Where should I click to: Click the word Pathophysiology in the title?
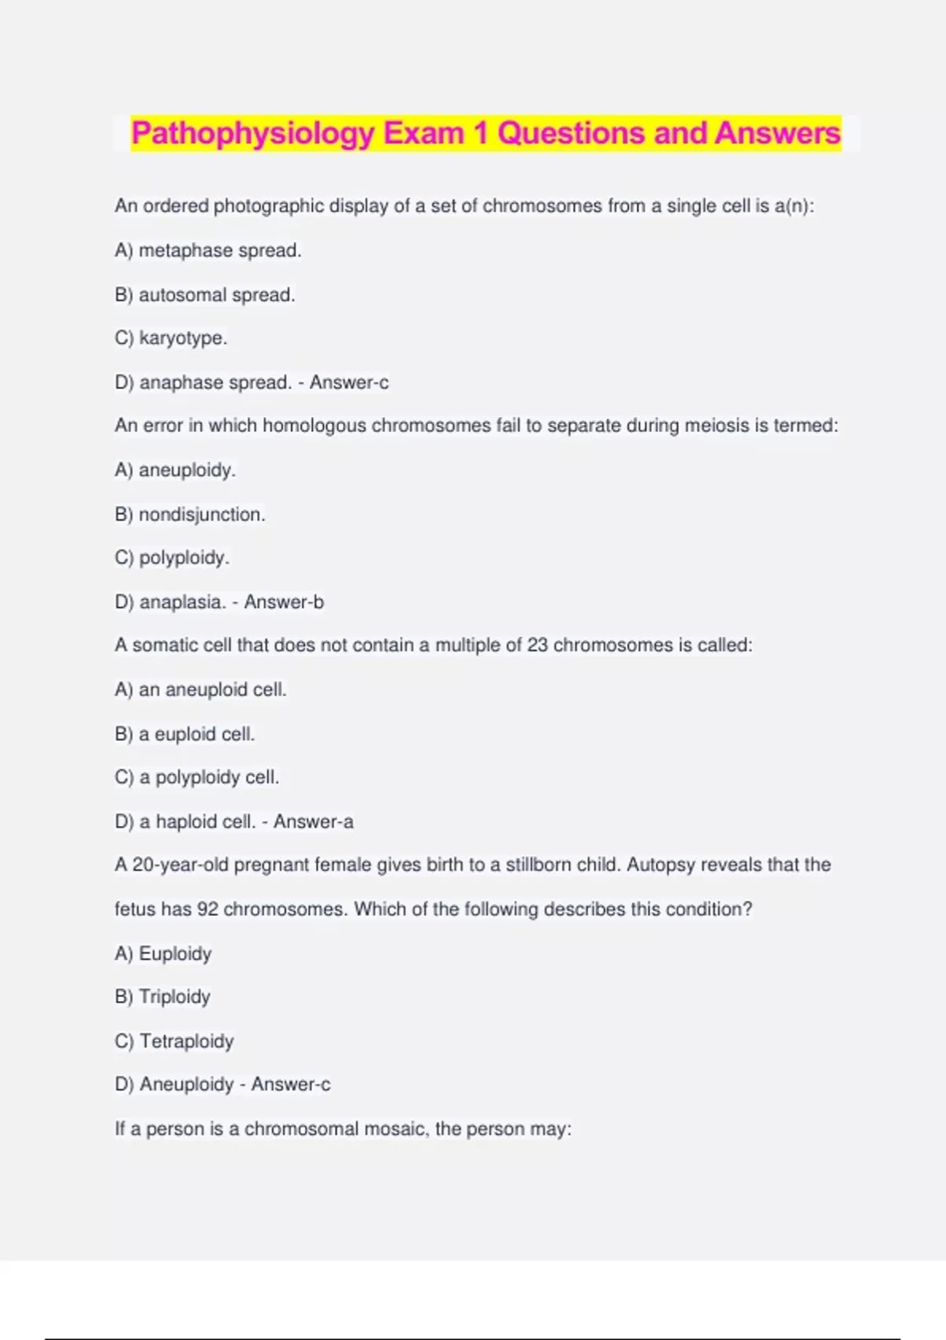(252, 133)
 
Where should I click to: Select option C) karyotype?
(171, 338)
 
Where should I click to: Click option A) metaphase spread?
(208, 251)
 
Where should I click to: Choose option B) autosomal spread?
(205, 295)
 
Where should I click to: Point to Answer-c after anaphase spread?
(349, 382)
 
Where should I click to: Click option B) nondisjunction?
(190, 515)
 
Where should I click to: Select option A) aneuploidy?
(175, 471)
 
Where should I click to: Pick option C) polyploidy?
(172, 558)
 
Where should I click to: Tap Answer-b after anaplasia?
(284, 602)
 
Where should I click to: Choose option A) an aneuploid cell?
(200, 690)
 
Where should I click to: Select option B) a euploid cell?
(184, 734)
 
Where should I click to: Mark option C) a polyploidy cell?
(197, 777)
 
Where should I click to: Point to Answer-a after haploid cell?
(314, 821)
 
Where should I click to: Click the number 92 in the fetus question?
(207, 909)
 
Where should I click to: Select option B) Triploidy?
(162, 997)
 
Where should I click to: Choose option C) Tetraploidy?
(174, 1041)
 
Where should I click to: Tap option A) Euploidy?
(163, 954)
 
